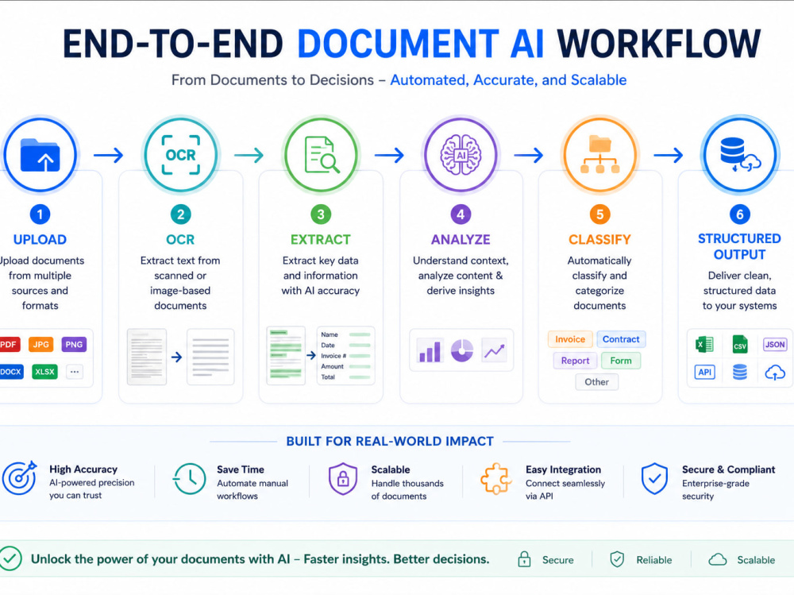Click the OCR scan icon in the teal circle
click(181, 155)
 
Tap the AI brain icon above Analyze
click(461, 155)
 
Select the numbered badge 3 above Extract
click(321, 214)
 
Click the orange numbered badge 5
click(599, 214)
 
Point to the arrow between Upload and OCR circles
click(108, 155)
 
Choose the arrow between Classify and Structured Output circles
click(669, 155)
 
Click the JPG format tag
click(41, 345)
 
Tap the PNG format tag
click(74, 345)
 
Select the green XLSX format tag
click(44, 372)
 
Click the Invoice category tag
click(569, 339)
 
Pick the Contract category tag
click(621, 339)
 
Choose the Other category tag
click(596, 381)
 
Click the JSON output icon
click(775, 345)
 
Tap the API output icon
click(705, 372)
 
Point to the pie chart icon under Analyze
click(462, 350)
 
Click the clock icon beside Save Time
click(190, 479)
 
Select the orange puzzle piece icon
click(495, 479)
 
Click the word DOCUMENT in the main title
click(398, 44)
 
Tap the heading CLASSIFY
click(599, 239)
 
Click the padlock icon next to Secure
click(524, 559)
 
